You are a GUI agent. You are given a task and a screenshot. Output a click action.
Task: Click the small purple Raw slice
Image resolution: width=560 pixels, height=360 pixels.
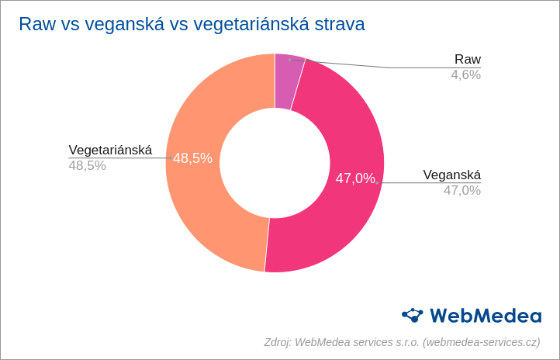click(x=288, y=81)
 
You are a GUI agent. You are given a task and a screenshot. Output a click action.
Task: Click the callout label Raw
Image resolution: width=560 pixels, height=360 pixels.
click(x=467, y=60)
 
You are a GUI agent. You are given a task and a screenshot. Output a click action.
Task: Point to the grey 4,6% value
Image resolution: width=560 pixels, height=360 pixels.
click(x=465, y=75)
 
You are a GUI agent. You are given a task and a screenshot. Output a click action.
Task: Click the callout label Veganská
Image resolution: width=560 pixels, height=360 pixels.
click(x=451, y=175)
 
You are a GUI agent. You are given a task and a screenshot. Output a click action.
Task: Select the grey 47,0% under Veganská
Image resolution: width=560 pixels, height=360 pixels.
click(x=461, y=190)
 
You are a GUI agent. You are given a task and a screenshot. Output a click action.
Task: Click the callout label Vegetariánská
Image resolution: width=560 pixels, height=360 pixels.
click(x=110, y=150)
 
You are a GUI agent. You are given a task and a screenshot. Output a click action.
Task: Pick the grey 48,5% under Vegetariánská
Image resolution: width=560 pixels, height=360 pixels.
click(x=87, y=165)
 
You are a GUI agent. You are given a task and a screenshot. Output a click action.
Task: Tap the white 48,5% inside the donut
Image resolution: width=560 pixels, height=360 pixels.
click(x=192, y=158)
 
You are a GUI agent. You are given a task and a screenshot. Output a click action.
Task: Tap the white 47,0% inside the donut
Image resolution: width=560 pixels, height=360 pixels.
click(x=355, y=178)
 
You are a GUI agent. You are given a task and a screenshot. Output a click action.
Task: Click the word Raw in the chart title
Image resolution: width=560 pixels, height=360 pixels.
click(x=36, y=24)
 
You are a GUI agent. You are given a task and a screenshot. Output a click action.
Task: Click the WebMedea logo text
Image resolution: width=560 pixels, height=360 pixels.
click(x=485, y=315)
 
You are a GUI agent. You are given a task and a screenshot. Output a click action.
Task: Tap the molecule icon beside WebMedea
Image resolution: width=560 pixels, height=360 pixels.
click(x=413, y=314)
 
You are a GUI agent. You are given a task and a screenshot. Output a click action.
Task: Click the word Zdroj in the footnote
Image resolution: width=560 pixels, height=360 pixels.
click(x=277, y=342)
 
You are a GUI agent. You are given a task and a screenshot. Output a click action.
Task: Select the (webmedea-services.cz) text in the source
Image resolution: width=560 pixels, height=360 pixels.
click(x=482, y=342)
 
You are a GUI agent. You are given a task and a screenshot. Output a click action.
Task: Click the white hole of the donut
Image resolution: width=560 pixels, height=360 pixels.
click(x=275, y=163)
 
